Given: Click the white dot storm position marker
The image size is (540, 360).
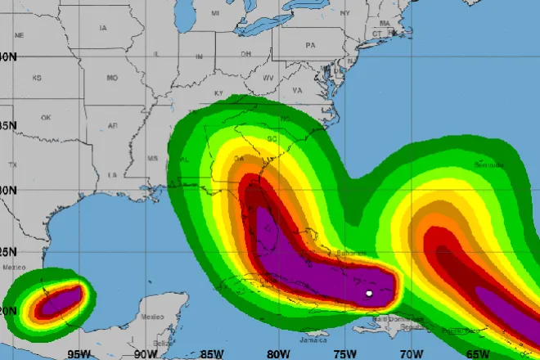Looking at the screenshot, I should (x=369, y=294).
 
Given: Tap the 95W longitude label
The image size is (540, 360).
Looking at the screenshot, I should (x=79, y=353).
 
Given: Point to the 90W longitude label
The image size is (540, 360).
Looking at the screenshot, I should (x=146, y=353).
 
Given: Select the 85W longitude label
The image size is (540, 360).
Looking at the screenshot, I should (x=213, y=353).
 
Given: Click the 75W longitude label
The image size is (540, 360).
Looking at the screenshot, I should (x=345, y=353).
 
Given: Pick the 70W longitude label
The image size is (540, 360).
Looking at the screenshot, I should (x=412, y=353).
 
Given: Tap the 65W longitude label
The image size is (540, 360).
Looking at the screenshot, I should (x=478, y=353).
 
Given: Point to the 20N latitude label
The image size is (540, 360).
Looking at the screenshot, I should (x=8, y=312).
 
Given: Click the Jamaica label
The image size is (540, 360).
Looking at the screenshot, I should (x=313, y=338).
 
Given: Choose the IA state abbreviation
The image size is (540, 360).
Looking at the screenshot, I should (x=103, y=28).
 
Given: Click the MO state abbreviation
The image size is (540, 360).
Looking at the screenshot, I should (x=112, y=78).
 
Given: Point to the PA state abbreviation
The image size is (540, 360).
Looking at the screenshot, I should (x=310, y=46).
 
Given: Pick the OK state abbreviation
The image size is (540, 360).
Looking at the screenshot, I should (x=46, y=117).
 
